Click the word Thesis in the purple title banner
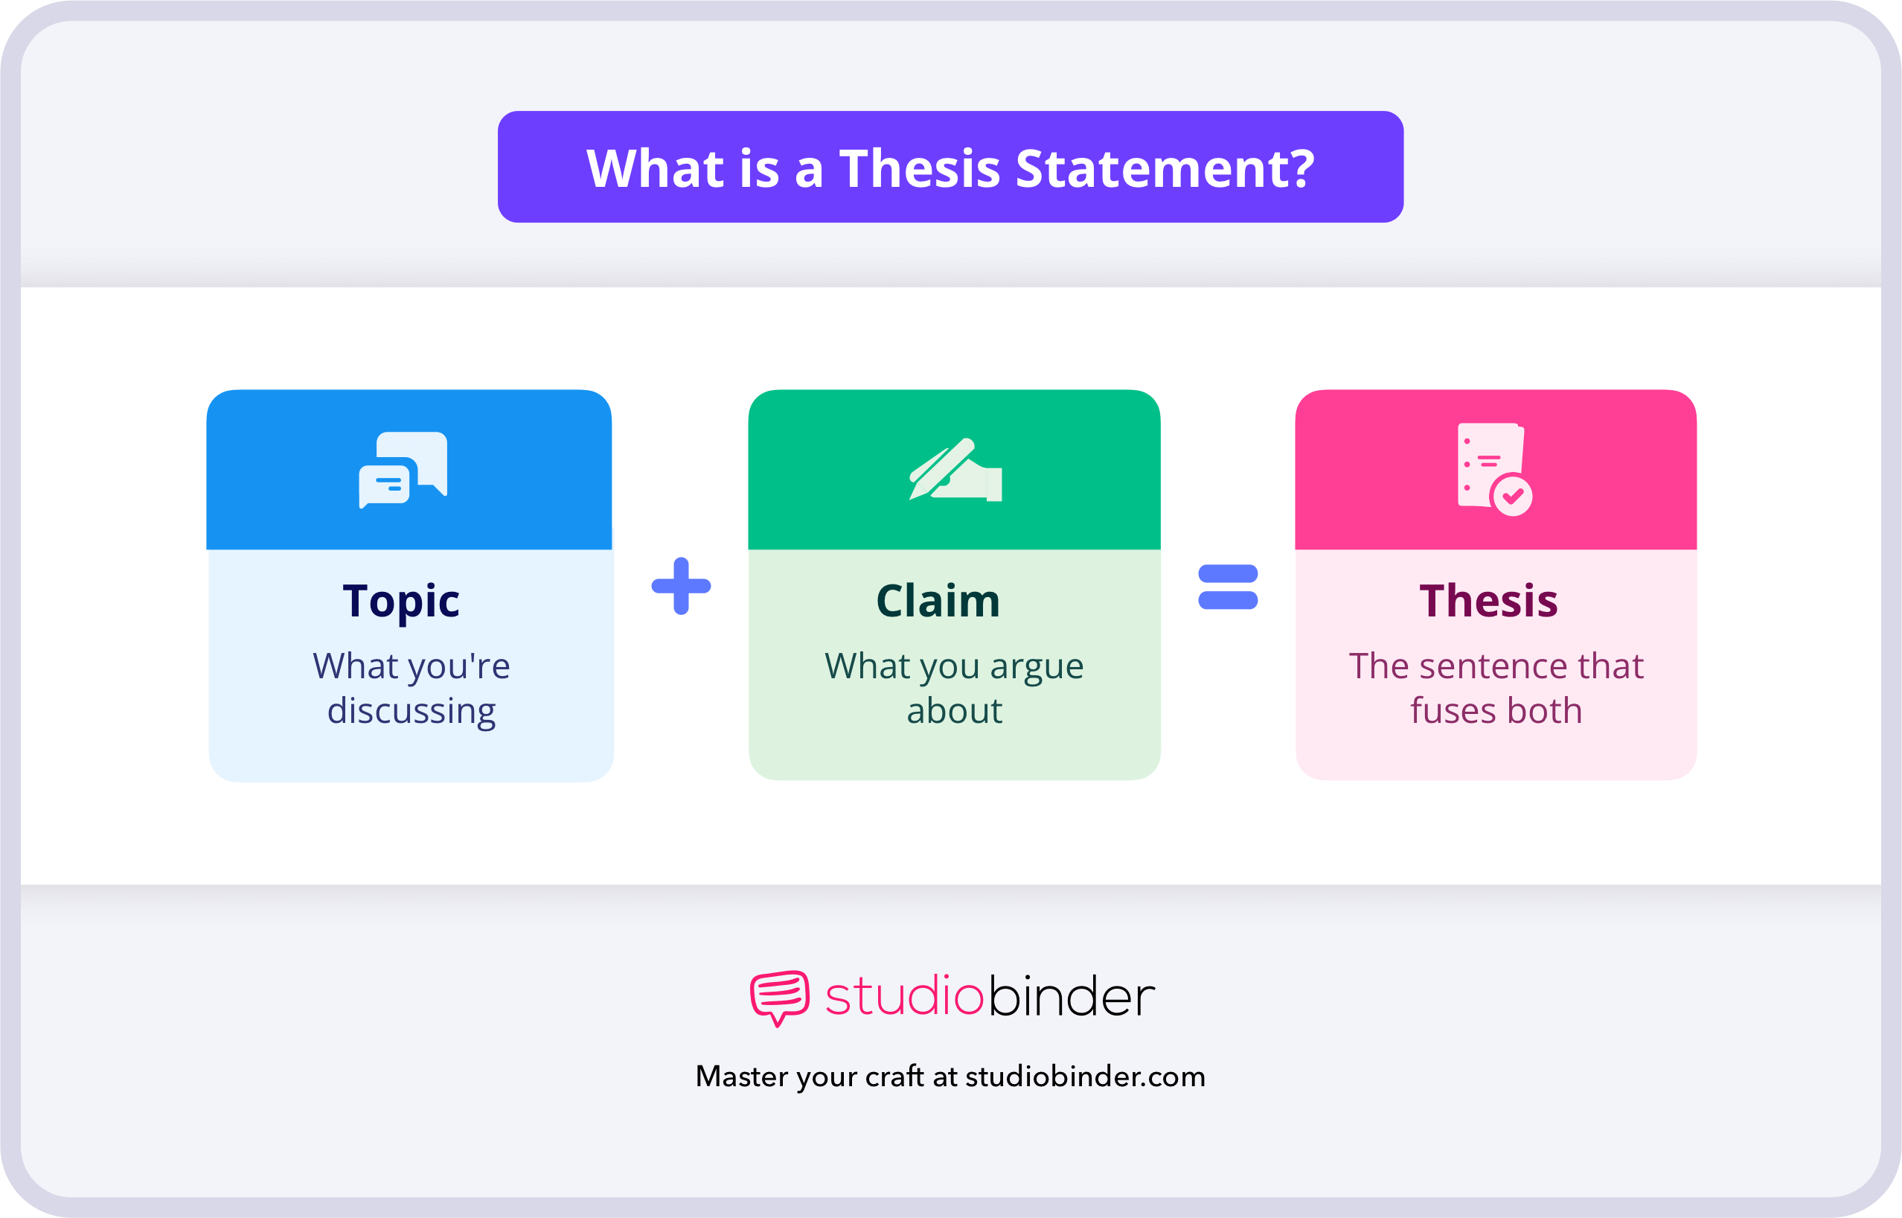click(920, 168)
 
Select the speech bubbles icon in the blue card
click(403, 470)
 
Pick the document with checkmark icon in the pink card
click(1494, 470)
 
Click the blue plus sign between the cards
click(681, 586)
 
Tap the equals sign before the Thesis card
click(1228, 587)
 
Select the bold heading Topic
click(401, 601)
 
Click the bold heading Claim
click(938, 601)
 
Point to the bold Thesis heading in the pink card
click(1488, 601)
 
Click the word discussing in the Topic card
click(411, 711)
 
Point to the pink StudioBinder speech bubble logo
click(779, 997)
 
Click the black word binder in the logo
click(1071, 997)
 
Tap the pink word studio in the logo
click(904, 997)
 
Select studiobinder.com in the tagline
click(1086, 1077)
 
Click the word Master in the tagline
click(741, 1077)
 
